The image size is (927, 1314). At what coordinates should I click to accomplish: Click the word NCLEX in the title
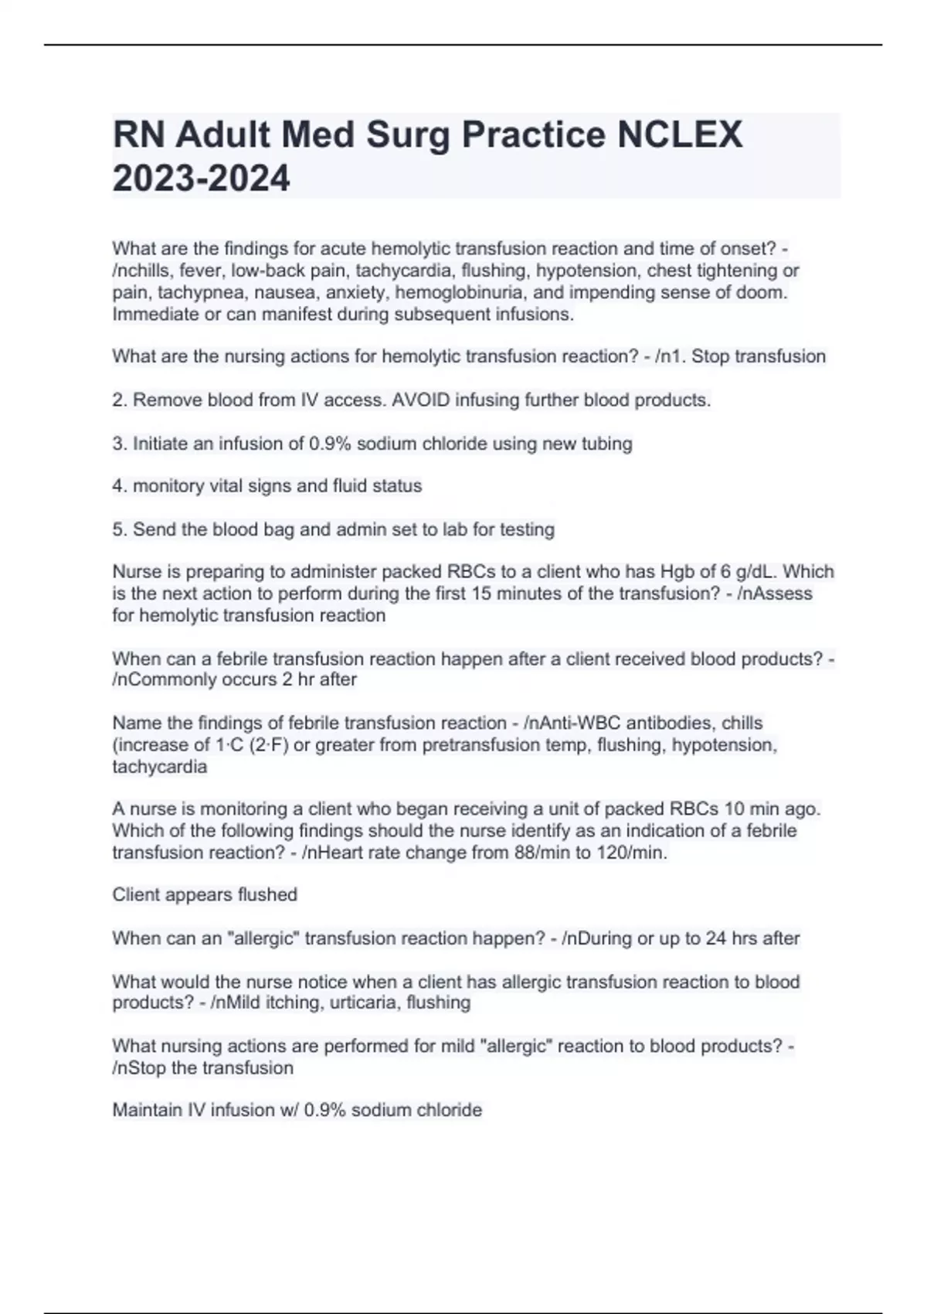(x=679, y=135)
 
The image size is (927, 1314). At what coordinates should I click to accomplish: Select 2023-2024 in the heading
(x=202, y=179)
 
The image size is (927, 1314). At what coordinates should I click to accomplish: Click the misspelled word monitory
(x=167, y=486)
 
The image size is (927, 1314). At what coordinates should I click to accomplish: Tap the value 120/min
(x=633, y=853)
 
